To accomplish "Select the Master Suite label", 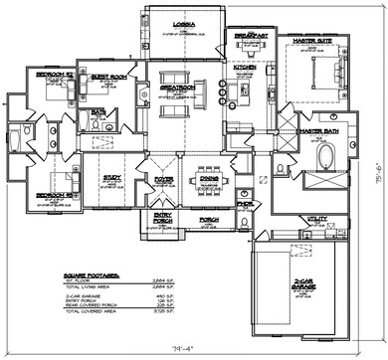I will tap(310, 42).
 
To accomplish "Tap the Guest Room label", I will tap(106, 76).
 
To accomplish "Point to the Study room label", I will tap(111, 177).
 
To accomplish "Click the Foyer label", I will tap(163, 180).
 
